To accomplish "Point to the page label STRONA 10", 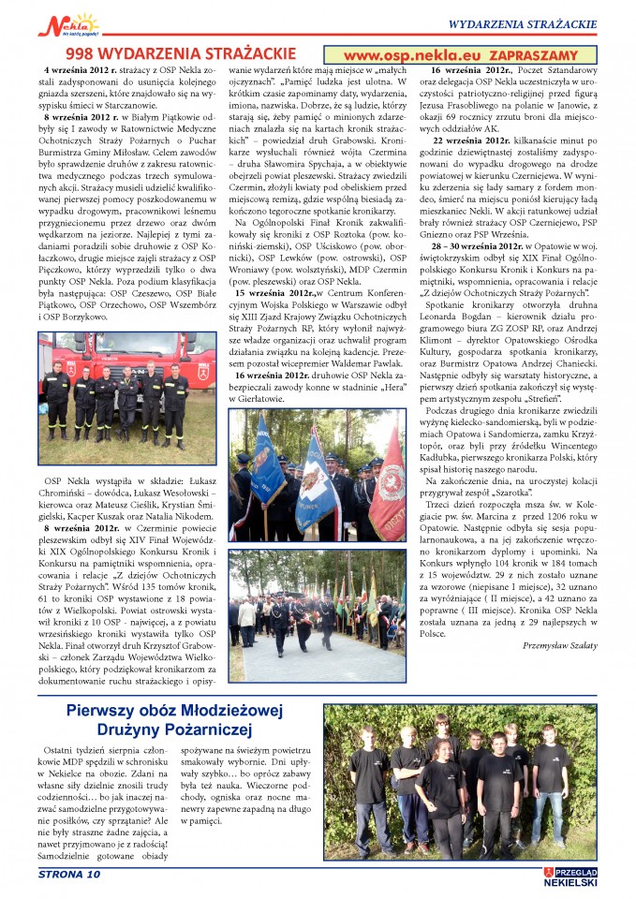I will [x=68, y=875].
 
